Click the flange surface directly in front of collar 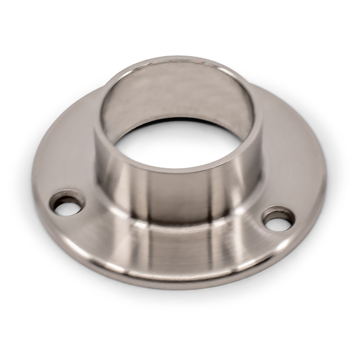coord(180,252)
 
